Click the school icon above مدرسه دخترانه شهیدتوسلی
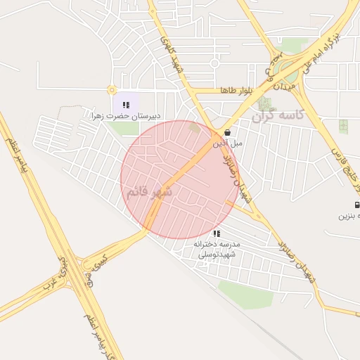tap(217, 233)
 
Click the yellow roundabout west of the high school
tap(111, 89)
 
